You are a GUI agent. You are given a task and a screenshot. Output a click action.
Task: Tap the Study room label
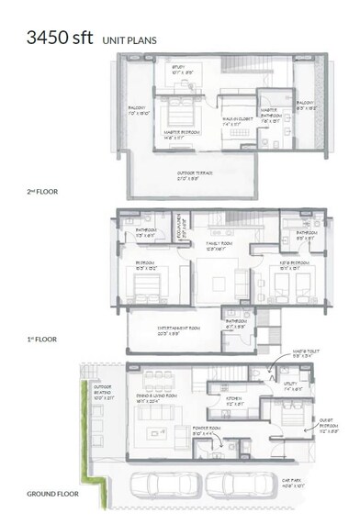182,69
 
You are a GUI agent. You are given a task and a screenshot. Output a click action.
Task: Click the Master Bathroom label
275,117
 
